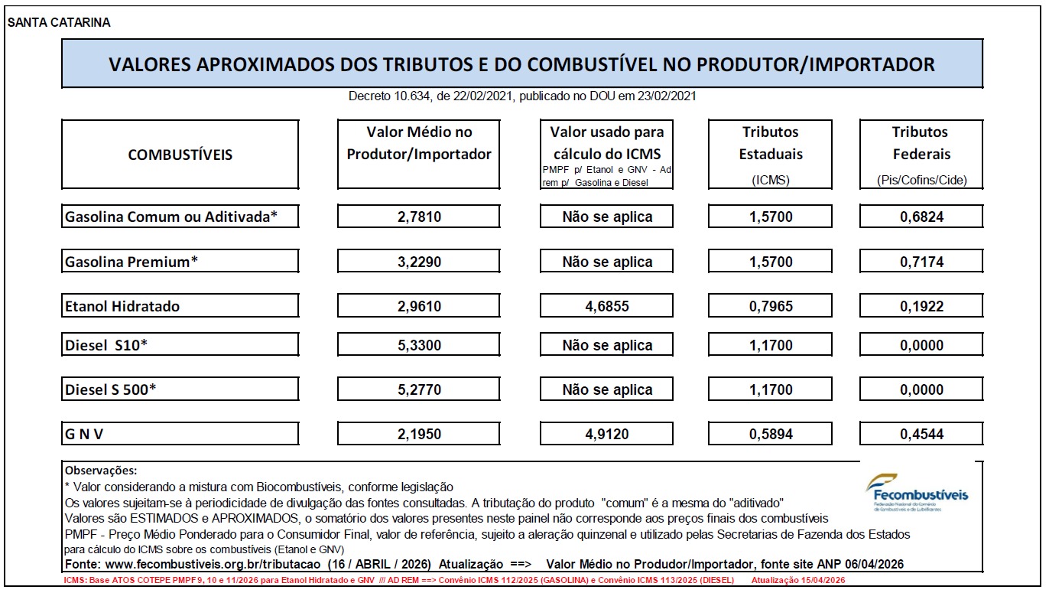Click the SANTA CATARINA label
[59, 22]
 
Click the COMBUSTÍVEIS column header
[180, 155]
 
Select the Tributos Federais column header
[921, 155]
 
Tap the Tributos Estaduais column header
[770, 155]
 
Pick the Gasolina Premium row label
[132, 262]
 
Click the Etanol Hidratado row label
[122, 306]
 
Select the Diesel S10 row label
[106, 345]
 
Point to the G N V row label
[84, 434]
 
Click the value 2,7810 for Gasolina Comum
[419, 217]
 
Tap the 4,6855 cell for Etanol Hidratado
[607, 306]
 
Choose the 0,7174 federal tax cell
[921, 262]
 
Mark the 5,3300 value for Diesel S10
[419, 345]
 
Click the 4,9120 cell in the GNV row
[607, 434]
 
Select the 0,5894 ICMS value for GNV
[770, 434]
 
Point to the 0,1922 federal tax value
[921, 306]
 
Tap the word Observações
[101, 471]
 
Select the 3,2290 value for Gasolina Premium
[419, 262]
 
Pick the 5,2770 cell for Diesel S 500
[419, 389]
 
